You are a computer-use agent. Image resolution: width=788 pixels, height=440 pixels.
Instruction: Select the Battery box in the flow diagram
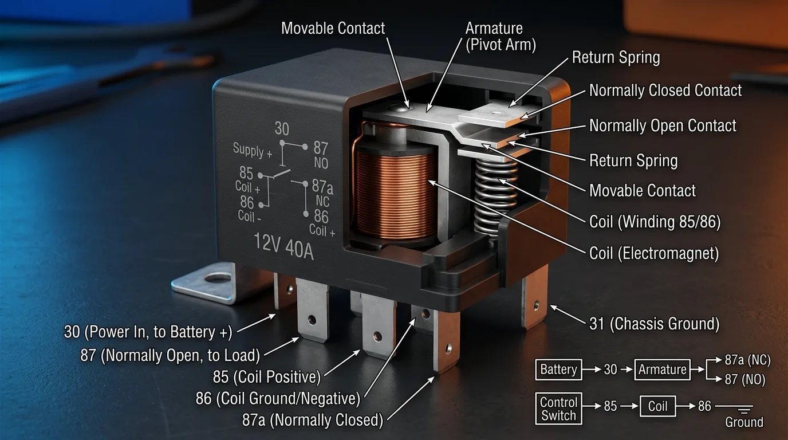coord(558,370)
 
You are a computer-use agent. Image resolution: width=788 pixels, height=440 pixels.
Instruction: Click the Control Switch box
coord(558,408)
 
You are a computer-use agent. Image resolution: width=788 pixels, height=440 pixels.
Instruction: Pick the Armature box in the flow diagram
coord(662,370)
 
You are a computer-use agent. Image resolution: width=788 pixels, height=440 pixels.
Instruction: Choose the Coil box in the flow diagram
coord(657,406)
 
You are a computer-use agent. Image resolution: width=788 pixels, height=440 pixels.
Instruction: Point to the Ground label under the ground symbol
coord(744,422)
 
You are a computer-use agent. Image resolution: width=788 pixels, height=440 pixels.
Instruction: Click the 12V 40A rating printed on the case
coord(283,246)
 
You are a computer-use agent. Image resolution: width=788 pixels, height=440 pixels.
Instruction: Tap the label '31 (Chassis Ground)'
coord(655,324)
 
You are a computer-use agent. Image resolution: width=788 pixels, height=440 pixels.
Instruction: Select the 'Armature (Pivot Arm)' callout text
coord(501,37)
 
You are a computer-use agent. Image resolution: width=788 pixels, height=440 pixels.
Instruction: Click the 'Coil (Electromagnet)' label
coord(654,253)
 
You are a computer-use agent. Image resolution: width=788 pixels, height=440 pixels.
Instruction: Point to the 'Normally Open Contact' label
coord(663,125)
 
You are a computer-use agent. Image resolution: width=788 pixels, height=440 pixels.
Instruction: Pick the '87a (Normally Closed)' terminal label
coord(312,420)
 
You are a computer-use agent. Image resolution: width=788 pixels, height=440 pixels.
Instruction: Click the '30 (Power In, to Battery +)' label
coord(148,332)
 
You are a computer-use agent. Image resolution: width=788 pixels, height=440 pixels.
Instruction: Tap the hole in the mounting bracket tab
coord(218,278)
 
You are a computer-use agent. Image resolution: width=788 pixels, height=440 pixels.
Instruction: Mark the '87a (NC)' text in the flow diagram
coord(747,360)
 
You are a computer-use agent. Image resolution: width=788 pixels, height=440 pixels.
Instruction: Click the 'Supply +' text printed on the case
coord(252,151)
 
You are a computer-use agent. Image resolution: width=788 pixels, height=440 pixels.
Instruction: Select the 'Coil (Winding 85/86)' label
coord(655,222)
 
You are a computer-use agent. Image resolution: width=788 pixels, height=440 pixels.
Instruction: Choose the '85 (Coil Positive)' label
coord(267,376)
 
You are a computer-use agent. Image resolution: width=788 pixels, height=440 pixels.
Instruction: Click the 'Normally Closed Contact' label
coord(665,91)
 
